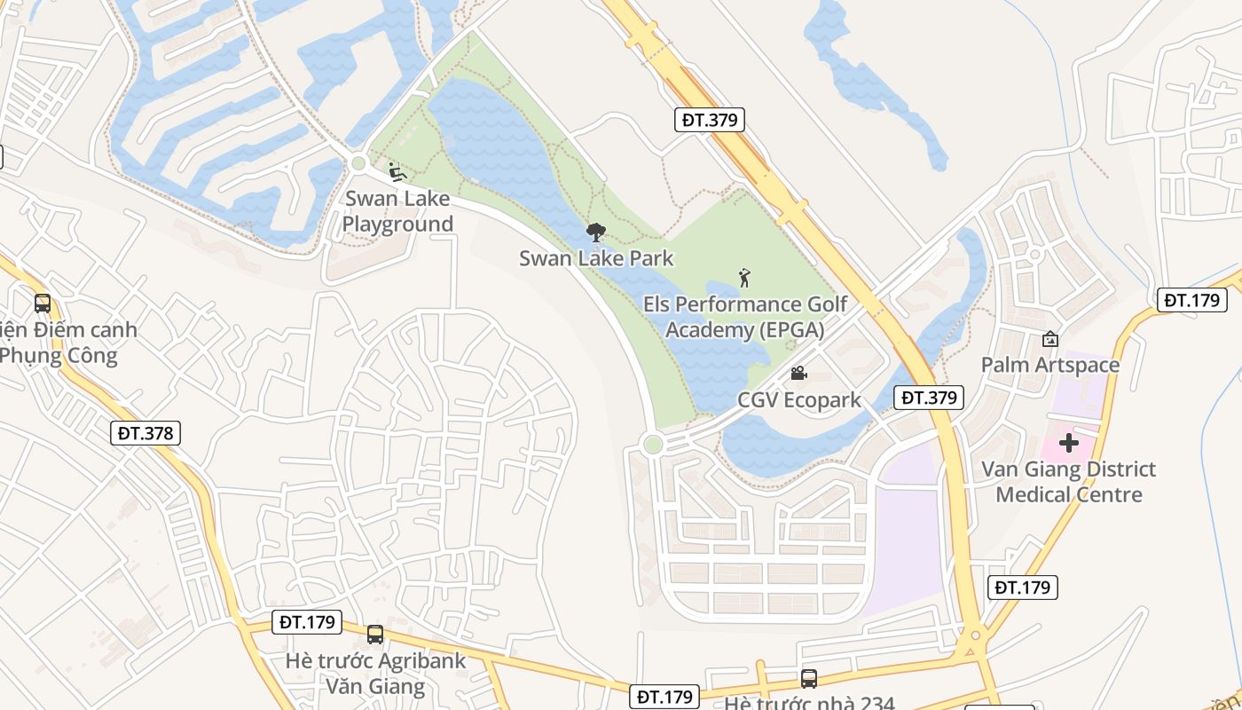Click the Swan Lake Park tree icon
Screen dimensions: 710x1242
tap(596, 233)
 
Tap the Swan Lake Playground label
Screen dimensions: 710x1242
tap(397, 211)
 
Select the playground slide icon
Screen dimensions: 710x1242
tap(397, 171)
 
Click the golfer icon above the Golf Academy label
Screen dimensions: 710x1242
tap(744, 278)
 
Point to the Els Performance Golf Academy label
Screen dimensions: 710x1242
tap(745, 317)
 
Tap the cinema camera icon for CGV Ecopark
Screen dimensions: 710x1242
tap(798, 374)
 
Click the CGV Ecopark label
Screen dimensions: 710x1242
tap(799, 400)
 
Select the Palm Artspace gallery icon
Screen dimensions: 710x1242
tap(1050, 338)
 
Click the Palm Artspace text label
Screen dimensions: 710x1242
tap(1050, 365)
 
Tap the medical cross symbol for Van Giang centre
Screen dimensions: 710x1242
tap(1069, 442)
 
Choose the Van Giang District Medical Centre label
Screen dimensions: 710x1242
tap(1069, 481)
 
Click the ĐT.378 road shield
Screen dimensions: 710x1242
tap(147, 433)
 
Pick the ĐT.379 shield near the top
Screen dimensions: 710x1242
tap(710, 120)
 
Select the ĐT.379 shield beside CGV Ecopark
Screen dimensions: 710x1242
tap(929, 398)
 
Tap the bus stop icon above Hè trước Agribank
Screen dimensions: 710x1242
tap(375, 635)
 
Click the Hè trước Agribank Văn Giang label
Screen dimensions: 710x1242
tap(376, 674)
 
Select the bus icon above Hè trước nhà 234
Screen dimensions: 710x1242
tap(809, 679)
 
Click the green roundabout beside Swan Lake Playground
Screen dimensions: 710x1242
tap(358, 163)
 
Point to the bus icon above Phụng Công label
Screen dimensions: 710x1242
tap(42, 304)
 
